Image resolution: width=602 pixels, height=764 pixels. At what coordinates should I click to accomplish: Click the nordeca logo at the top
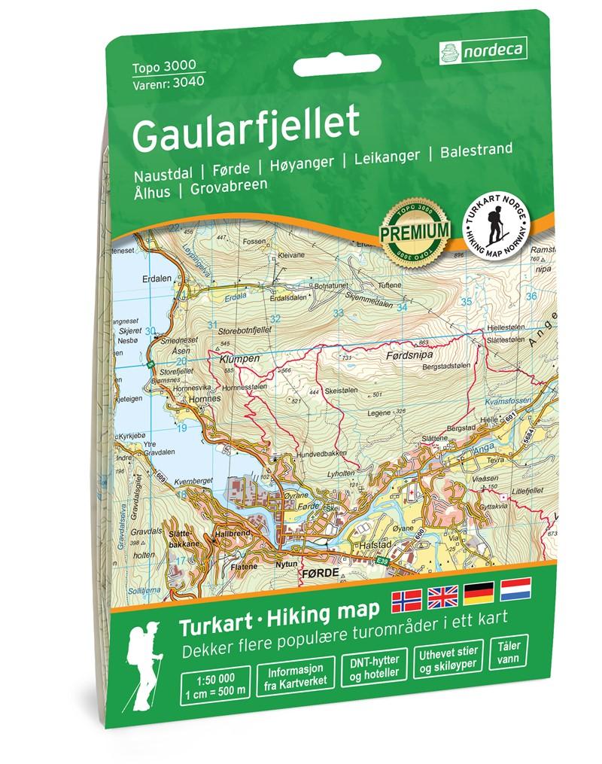pos(481,51)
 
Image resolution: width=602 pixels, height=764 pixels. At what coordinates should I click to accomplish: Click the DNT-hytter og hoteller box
pos(369,665)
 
